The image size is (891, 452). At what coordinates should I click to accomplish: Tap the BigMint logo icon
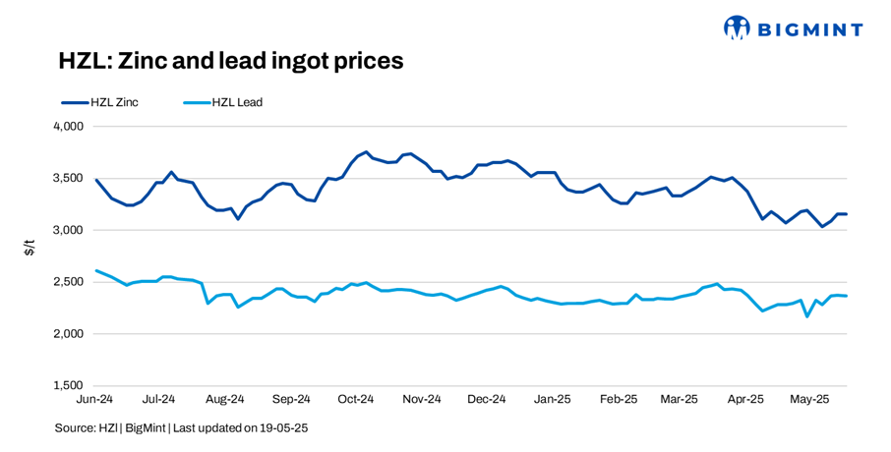click(736, 28)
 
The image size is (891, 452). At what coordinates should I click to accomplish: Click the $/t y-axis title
click(30, 248)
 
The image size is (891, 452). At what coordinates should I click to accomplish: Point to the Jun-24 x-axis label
click(94, 400)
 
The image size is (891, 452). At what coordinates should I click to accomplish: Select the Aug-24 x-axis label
click(225, 400)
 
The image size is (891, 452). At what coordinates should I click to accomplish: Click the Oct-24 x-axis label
click(356, 400)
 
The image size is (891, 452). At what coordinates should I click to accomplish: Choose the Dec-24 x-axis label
click(486, 400)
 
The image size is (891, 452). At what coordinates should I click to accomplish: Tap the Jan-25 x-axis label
click(551, 400)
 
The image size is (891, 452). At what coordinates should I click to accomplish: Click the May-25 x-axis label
click(811, 400)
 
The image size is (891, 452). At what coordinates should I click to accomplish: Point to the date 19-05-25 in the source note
click(287, 428)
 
